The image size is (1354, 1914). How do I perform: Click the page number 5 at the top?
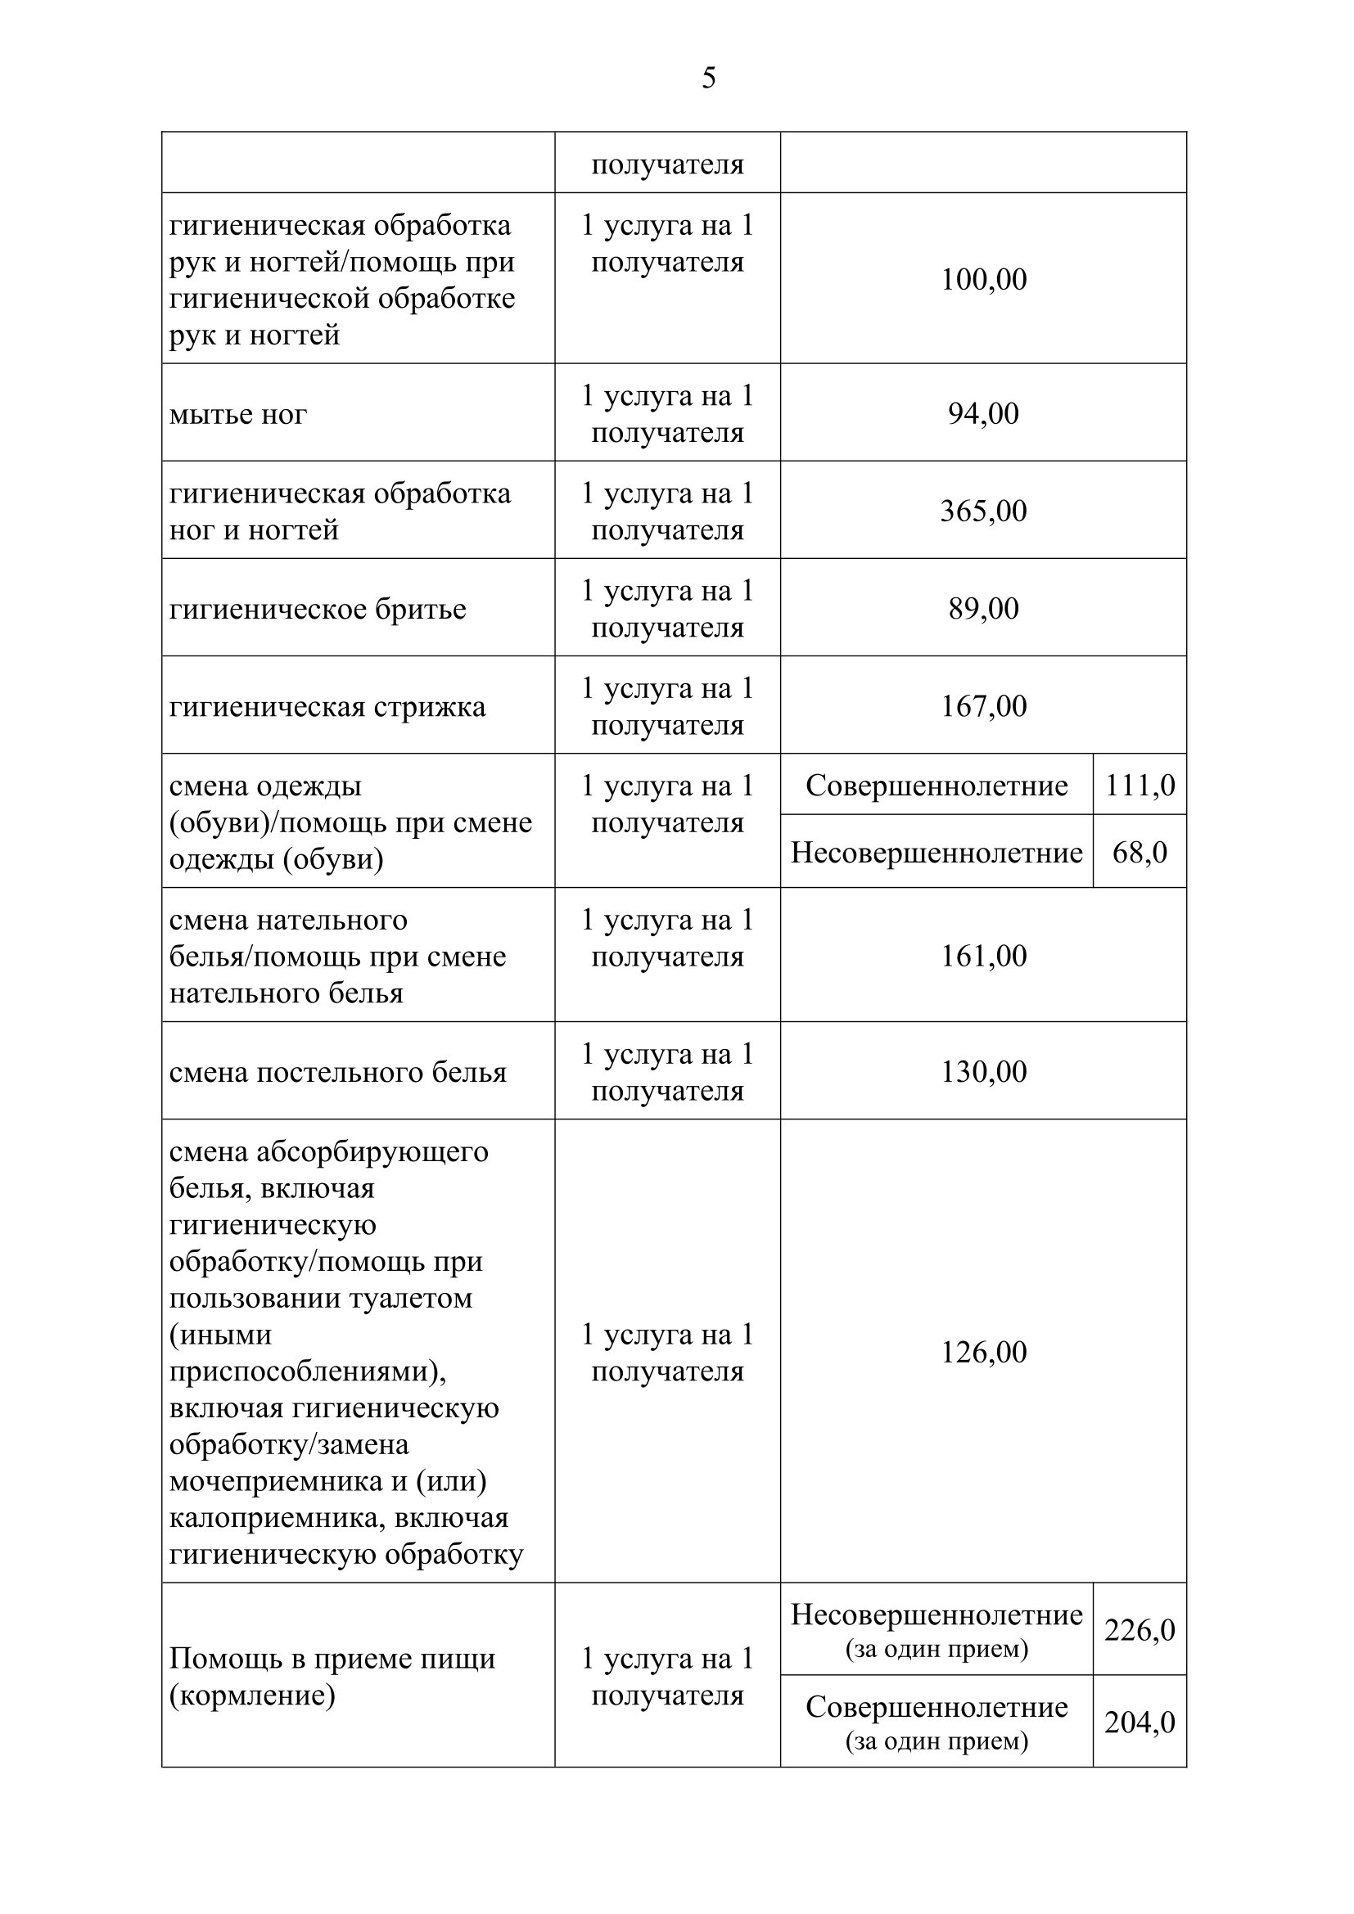(709, 78)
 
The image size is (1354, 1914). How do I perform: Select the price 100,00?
(983, 279)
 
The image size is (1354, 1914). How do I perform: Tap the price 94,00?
(983, 413)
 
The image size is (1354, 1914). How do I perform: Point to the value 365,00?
(983, 511)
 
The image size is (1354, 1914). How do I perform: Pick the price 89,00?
(983, 609)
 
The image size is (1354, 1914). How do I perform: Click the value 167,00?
(983, 706)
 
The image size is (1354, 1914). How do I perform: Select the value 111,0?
(1140, 786)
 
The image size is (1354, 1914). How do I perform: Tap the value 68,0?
(1140, 852)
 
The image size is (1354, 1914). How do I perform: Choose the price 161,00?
(983, 955)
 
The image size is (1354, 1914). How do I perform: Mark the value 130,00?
(983, 1071)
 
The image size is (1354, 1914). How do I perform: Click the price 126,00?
(983, 1352)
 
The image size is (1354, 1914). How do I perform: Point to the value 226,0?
(1140, 1630)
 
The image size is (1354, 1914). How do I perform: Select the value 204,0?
(1140, 1723)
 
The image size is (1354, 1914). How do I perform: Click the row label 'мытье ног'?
(237, 414)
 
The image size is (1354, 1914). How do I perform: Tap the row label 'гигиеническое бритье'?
(318, 610)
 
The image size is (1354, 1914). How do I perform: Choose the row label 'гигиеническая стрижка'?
(327, 707)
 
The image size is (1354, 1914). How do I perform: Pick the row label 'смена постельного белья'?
(337, 1072)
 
